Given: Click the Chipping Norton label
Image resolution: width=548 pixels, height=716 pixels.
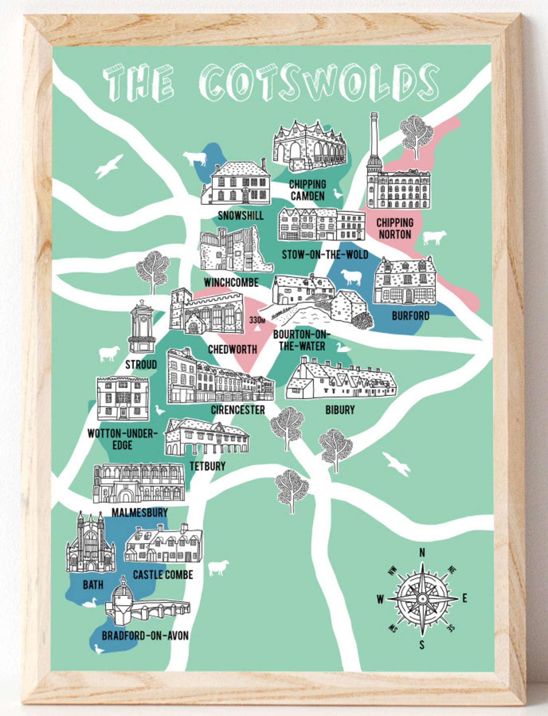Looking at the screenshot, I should (x=395, y=228).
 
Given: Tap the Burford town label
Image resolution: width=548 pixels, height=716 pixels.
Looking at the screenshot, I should (x=410, y=316).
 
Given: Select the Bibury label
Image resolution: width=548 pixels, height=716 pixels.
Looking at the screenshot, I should (x=340, y=410).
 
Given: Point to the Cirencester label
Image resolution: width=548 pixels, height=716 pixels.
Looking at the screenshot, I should (x=238, y=410).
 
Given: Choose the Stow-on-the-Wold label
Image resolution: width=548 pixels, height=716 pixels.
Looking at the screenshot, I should (x=325, y=255).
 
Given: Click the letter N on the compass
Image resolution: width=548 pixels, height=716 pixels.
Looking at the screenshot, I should (x=422, y=553).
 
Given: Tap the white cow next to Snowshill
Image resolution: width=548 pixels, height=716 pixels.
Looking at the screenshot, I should (x=195, y=159).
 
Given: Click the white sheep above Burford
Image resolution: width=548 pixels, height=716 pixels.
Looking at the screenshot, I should (x=351, y=277).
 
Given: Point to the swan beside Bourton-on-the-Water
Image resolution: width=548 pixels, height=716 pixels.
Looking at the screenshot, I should (x=343, y=347).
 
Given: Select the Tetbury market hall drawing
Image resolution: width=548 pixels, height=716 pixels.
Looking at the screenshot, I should (x=207, y=438).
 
